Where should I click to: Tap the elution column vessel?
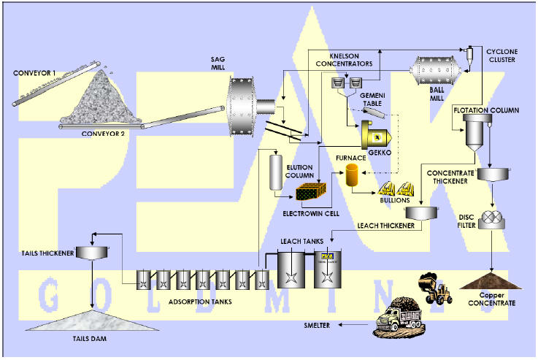(x=276, y=172)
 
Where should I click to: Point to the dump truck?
(x=399, y=319)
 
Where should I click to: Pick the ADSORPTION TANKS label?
(x=199, y=299)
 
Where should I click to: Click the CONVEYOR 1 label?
(x=35, y=72)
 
